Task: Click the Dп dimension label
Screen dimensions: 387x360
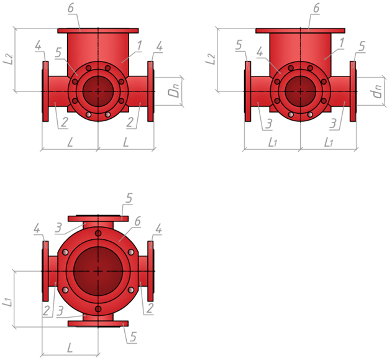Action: click(x=175, y=90)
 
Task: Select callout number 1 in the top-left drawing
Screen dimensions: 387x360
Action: click(x=139, y=46)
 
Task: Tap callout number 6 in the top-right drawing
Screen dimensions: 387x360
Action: click(x=316, y=8)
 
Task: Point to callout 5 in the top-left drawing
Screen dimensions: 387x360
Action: click(x=58, y=52)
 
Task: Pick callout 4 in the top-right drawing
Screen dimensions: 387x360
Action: click(x=260, y=52)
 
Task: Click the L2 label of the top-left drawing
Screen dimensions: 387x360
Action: click(x=8, y=59)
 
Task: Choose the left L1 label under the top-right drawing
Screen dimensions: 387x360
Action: click(x=273, y=142)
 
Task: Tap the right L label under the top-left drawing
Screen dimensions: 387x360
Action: click(x=126, y=142)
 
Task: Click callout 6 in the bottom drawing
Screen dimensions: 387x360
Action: click(x=137, y=221)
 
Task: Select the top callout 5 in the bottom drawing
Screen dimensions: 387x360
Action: click(x=129, y=198)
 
